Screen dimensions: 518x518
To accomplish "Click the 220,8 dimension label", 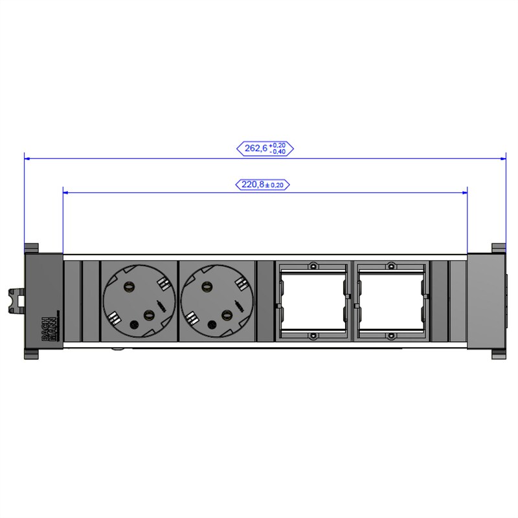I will [262, 185].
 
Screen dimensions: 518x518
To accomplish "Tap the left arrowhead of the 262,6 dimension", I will [28, 157].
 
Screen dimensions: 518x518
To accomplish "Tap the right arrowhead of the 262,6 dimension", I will [502, 157].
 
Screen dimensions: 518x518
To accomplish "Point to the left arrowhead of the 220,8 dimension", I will [66, 192].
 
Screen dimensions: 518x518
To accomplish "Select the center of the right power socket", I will [216, 300].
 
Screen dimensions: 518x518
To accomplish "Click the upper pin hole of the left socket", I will [126, 285].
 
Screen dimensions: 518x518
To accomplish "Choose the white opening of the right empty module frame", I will [391, 301].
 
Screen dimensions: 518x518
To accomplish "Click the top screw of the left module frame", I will [313, 266].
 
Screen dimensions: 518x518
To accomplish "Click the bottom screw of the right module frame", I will [391, 335].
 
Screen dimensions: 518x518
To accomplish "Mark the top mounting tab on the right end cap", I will [498, 248].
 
